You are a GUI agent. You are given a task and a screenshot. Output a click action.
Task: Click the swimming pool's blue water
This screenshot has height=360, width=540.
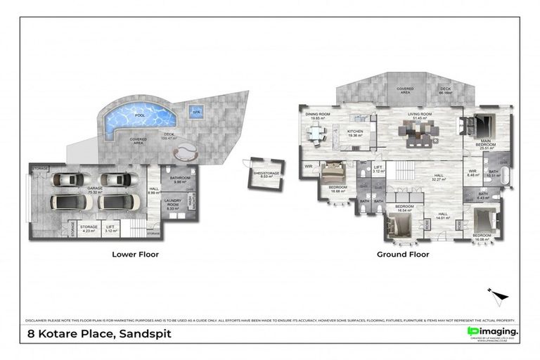[x=136, y=119]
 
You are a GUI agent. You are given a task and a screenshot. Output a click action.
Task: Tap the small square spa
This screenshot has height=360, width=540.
[x=195, y=111]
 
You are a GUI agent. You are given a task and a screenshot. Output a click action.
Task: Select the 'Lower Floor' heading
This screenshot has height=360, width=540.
[x=135, y=255]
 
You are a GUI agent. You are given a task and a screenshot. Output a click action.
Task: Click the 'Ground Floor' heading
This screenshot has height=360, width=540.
[x=403, y=255]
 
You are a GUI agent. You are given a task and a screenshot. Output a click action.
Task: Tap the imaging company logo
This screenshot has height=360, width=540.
[x=492, y=332]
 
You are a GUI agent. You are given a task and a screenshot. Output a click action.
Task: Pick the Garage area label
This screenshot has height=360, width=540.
[x=95, y=189]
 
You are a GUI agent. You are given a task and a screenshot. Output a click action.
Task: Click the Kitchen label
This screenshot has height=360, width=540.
[x=355, y=134]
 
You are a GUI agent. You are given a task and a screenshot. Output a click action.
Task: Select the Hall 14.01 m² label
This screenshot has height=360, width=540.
[x=442, y=215]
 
